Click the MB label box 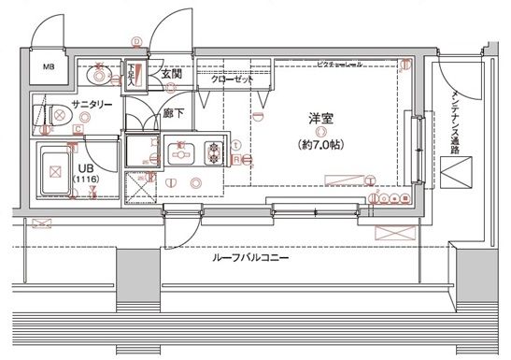[x=49, y=67]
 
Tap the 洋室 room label [x=322, y=120]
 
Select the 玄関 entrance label [x=172, y=74]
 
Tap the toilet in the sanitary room [x=56, y=117]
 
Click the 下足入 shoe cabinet [x=134, y=74]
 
